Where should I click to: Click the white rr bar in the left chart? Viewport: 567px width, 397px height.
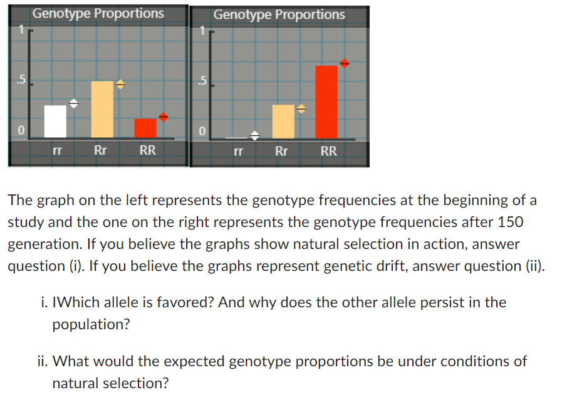[x=55, y=122]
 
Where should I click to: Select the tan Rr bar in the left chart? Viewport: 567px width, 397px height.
[x=102, y=110]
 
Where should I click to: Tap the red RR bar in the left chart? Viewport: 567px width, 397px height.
[x=145, y=128]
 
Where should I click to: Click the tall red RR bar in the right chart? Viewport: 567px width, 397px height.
[x=326, y=102]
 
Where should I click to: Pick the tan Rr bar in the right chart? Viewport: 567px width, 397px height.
[x=283, y=122]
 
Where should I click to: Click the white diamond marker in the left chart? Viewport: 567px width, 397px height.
[x=73, y=103]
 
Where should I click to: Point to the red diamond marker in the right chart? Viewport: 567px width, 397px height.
[x=344, y=63]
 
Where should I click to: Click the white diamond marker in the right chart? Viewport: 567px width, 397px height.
[x=255, y=135]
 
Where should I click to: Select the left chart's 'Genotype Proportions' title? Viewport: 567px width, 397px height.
[x=98, y=13]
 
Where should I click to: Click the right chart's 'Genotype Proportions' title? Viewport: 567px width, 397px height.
[x=279, y=14]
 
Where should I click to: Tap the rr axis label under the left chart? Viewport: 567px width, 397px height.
[x=56, y=151]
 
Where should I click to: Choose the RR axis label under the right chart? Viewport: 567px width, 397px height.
[x=329, y=151]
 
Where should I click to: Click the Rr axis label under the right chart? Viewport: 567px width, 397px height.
[x=282, y=151]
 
